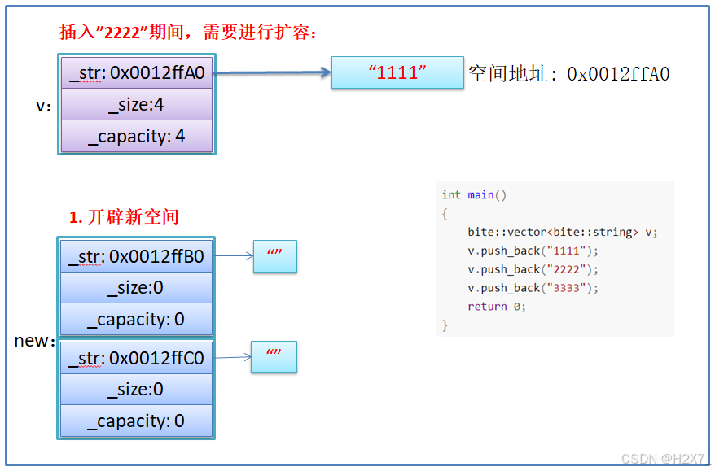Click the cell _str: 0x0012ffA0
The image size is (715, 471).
[x=136, y=73]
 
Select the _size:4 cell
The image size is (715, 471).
[x=136, y=105]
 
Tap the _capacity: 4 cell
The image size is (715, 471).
[x=136, y=136]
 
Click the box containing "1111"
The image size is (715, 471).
[x=397, y=72]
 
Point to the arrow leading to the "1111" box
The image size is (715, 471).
[x=272, y=73]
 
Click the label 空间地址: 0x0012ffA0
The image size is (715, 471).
[x=568, y=74]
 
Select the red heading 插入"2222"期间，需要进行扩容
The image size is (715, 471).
[x=188, y=33]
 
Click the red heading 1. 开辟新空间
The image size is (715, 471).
[x=124, y=217]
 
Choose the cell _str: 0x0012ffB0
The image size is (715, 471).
[x=136, y=257]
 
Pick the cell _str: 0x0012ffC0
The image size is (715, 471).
[x=136, y=358]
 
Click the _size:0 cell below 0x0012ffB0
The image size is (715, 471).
[x=136, y=288]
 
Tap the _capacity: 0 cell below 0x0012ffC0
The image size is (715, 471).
[x=136, y=421]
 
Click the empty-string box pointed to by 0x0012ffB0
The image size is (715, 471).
[x=274, y=256]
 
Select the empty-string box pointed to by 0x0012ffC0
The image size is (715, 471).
[x=274, y=357]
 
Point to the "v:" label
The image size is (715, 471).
[x=44, y=106]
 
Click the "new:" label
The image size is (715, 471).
[x=34, y=341]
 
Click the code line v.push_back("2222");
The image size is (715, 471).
[x=533, y=269]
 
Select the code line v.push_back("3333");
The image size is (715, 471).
[x=533, y=288]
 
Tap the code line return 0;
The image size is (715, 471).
[x=497, y=307]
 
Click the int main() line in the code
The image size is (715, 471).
[x=474, y=195]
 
